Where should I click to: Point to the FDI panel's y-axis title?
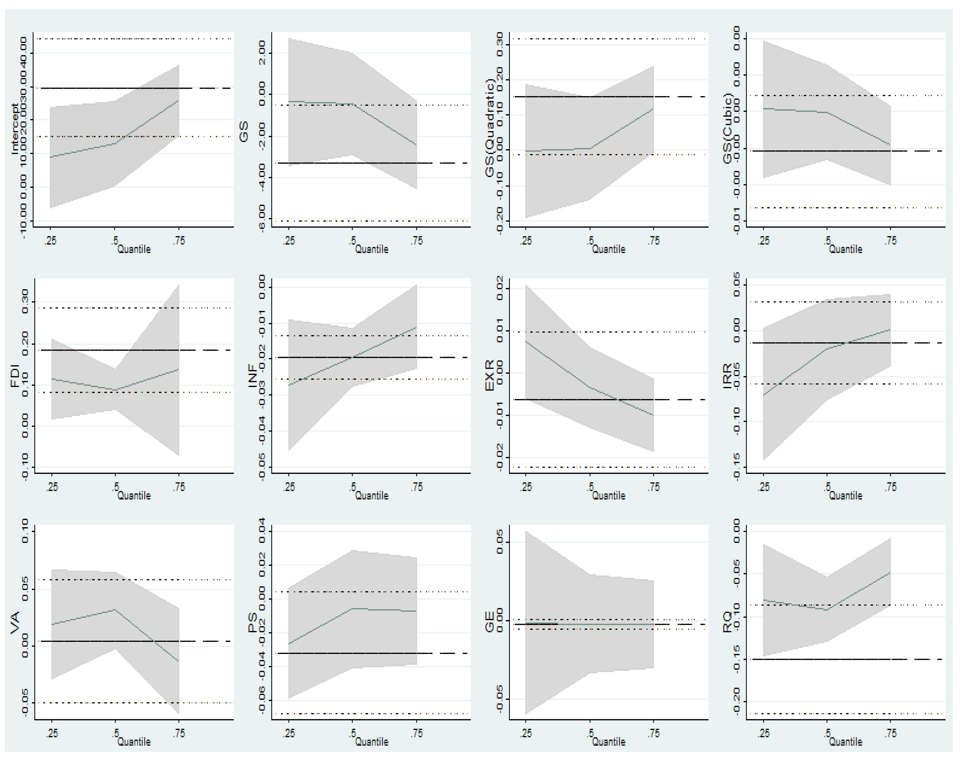point(15,376)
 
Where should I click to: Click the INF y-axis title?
point(252,376)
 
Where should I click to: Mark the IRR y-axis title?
point(727,376)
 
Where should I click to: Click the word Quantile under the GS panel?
point(371,249)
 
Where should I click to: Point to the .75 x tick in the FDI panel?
point(179,487)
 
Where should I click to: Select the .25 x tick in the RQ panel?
point(763,733)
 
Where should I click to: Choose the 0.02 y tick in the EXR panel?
point(500,288)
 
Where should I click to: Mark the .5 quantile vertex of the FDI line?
point(115,390)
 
